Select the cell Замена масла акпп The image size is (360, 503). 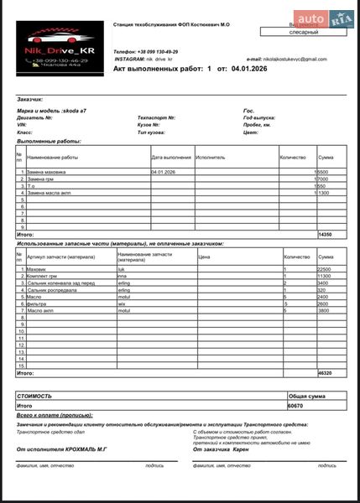coord(50,193)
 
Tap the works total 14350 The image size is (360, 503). coord(326,236)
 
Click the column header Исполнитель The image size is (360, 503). coord(211,157)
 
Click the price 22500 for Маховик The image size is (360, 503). coord(326,269)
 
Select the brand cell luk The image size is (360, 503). coord(122,269)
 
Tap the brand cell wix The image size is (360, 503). coord(122,303)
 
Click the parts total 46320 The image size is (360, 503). coord(326,373)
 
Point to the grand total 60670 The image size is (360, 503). coord(295,405)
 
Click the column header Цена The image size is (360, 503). coord(204,257)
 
